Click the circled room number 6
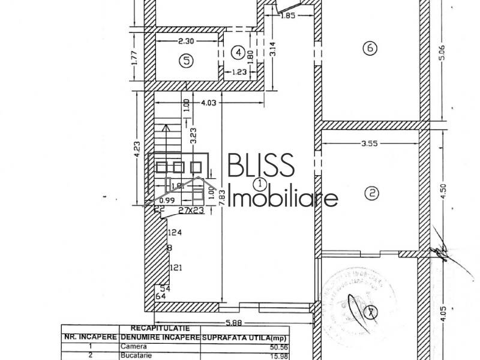(370, 48)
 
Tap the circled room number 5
(187, 60)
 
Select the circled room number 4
(239, 53)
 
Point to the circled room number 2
(372, 193)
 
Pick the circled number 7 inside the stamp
(372, 311)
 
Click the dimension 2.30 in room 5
(187, 41)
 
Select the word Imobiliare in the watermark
(284, 197)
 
